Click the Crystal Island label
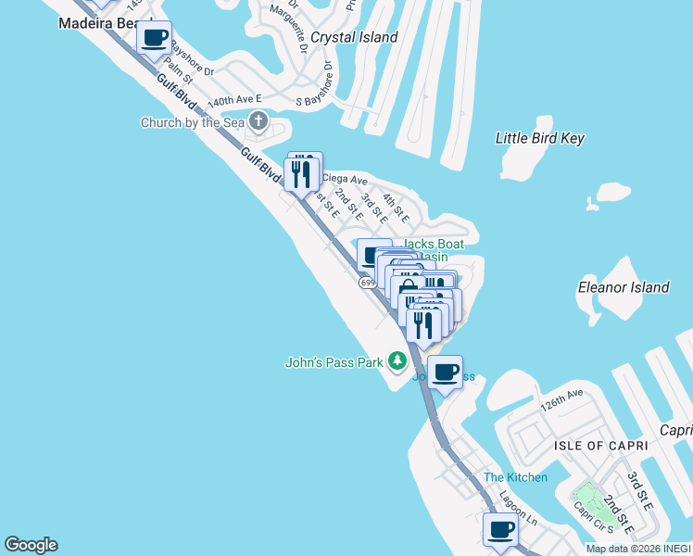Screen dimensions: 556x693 [354, 38]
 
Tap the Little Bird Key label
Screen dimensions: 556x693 [540, 138]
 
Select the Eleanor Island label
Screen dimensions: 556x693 [623, 287]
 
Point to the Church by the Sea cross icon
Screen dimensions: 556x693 [258, 121]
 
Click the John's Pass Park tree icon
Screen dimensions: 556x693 [397, 360]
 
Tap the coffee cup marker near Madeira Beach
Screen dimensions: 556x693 [154, 39]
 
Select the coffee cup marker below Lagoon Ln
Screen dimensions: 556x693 [500, 530]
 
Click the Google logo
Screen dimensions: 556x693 [31, 545]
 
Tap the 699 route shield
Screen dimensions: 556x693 [367, 282]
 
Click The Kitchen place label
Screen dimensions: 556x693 [515, 477]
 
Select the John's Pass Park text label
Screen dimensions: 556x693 [334, 362]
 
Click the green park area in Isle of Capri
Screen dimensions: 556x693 [587, 496]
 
